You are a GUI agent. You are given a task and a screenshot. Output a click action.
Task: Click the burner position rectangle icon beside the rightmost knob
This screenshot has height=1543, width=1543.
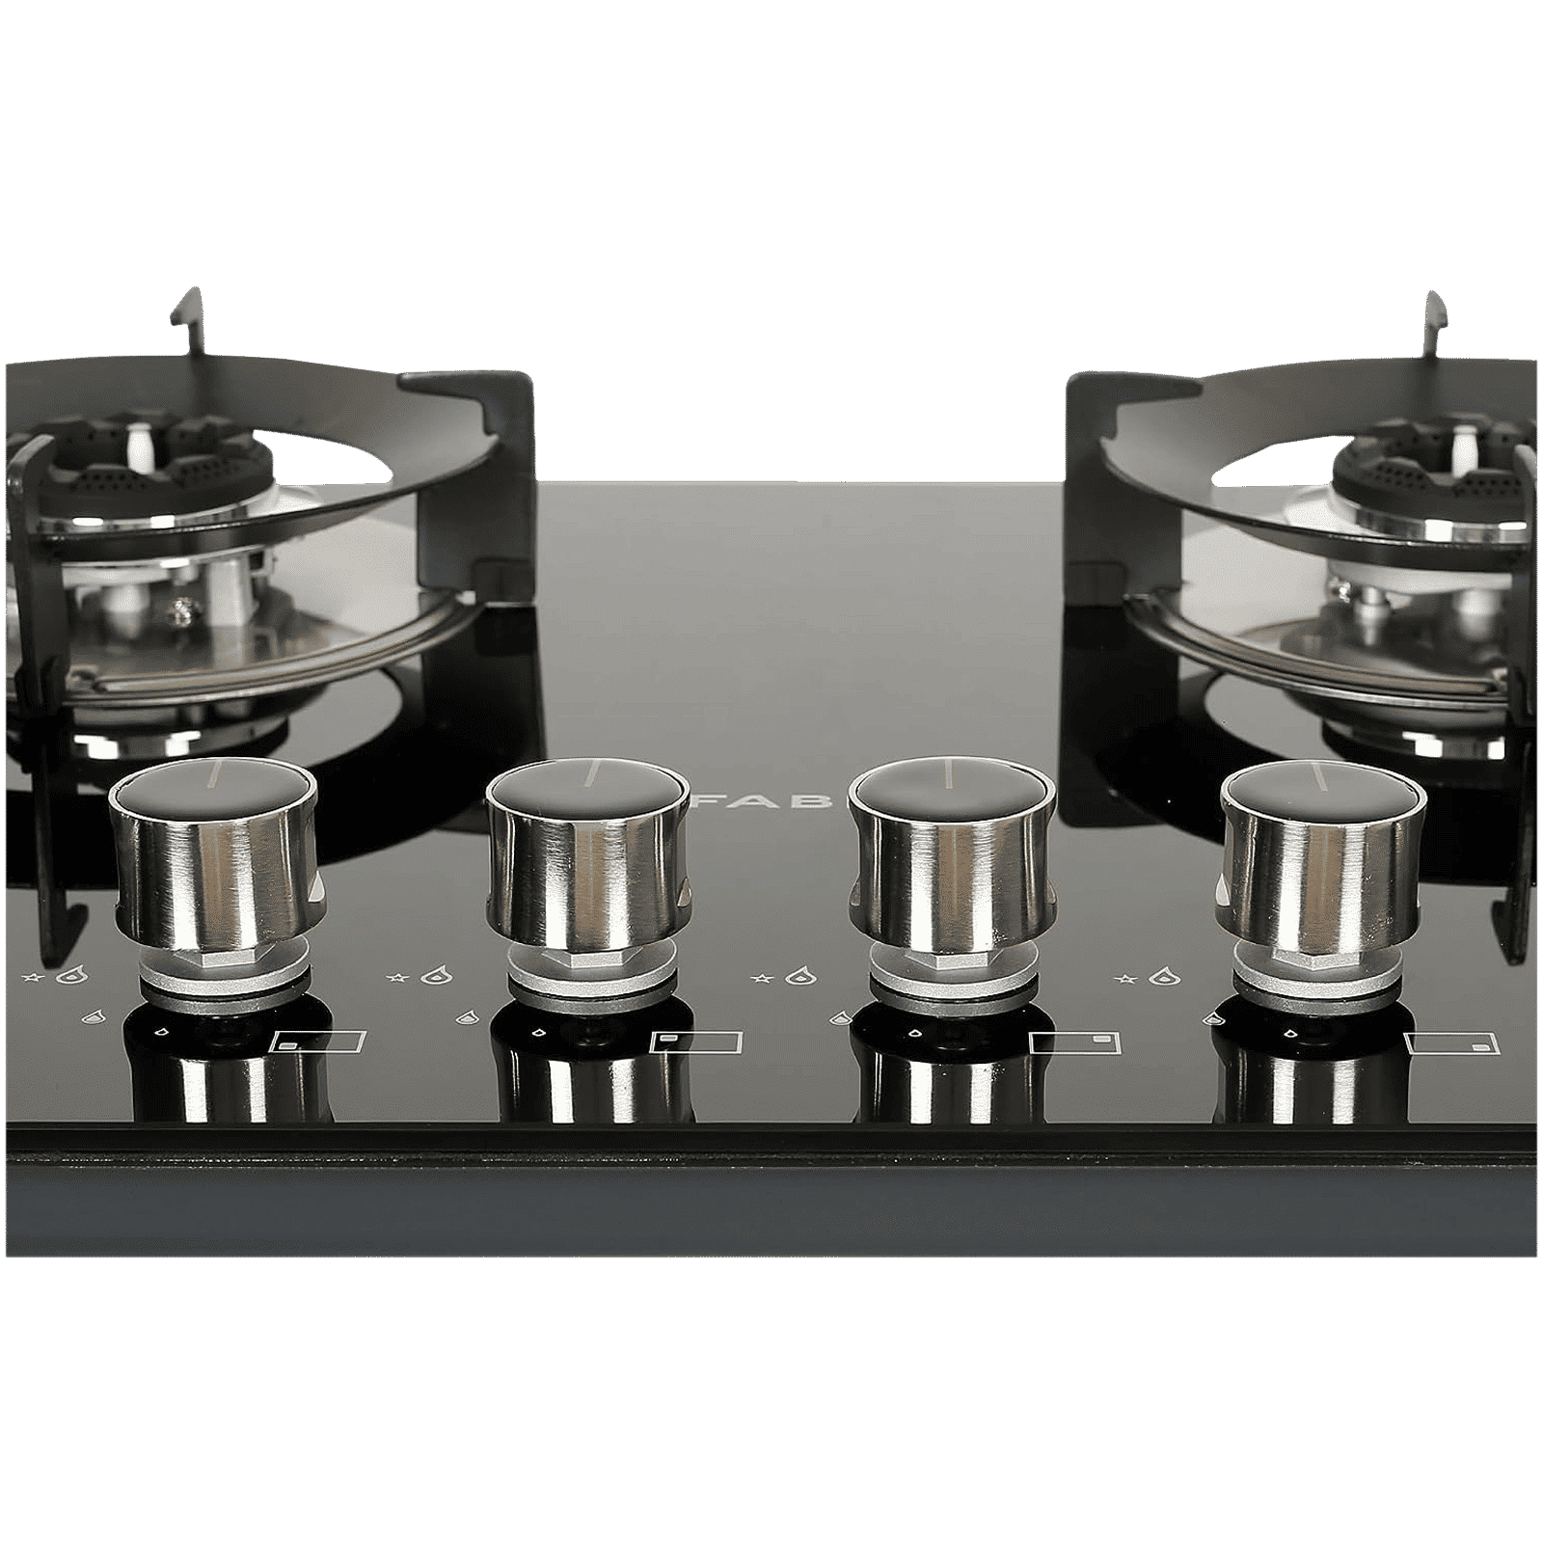point(1452,1042)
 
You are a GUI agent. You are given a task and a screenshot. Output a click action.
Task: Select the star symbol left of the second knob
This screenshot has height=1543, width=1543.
point(394,980)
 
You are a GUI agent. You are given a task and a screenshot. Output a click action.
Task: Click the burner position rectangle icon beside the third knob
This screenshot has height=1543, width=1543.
point(1075,1042)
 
